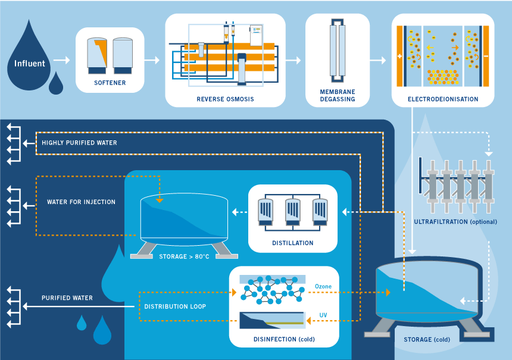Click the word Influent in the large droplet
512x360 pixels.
pyautogui.click(x=30, y=63)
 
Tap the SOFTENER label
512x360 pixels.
pyautogui.click(x=110, y=83)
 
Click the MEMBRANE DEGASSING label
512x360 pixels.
pyautogui.click(x=338, y=95)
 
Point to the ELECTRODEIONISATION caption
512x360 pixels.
pyautogui.click(x=443, y=99)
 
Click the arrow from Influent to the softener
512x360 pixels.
pyautogui.click(x=61, y=60)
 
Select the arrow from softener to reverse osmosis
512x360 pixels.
pyautogui.click(x=152, y=60)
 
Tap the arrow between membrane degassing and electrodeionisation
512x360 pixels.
pyautogui.click(x=377, y=60)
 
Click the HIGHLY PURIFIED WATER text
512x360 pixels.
pyautogui.click(x=79, y=143)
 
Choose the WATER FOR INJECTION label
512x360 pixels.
pyautogui.click(x=81, y=202)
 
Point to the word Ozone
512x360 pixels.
pyautogui.click(x=323, y=286)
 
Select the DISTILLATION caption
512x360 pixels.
pyautogui.click(x=293, y=243)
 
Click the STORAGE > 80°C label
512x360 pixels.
pyautogui.click(x=184, y=257)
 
